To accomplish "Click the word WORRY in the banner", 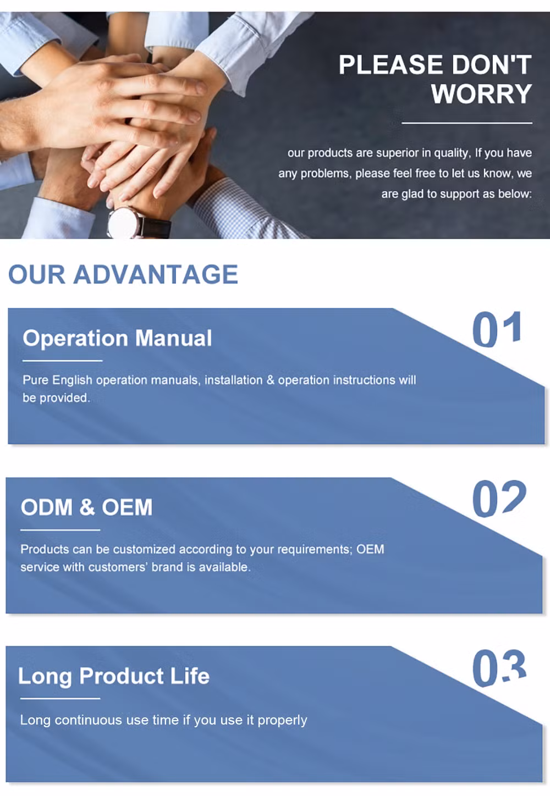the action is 482,94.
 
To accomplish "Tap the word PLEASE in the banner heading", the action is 392,65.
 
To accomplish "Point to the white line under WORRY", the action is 467,123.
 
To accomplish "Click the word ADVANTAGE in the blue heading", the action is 156,274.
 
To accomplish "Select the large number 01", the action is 497,329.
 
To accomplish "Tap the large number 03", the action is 499,667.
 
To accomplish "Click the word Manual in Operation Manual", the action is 173,338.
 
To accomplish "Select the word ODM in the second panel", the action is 47,507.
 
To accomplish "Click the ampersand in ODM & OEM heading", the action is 87,507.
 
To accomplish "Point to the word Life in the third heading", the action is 190,676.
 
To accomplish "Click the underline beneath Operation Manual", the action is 63,361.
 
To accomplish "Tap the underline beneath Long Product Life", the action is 60,698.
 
